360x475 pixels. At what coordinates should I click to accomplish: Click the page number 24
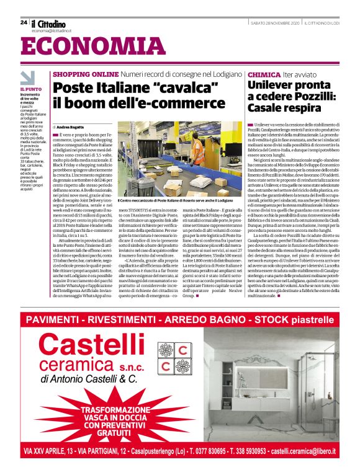coord(23,22)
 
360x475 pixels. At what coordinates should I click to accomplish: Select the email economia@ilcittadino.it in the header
coord(51,30)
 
